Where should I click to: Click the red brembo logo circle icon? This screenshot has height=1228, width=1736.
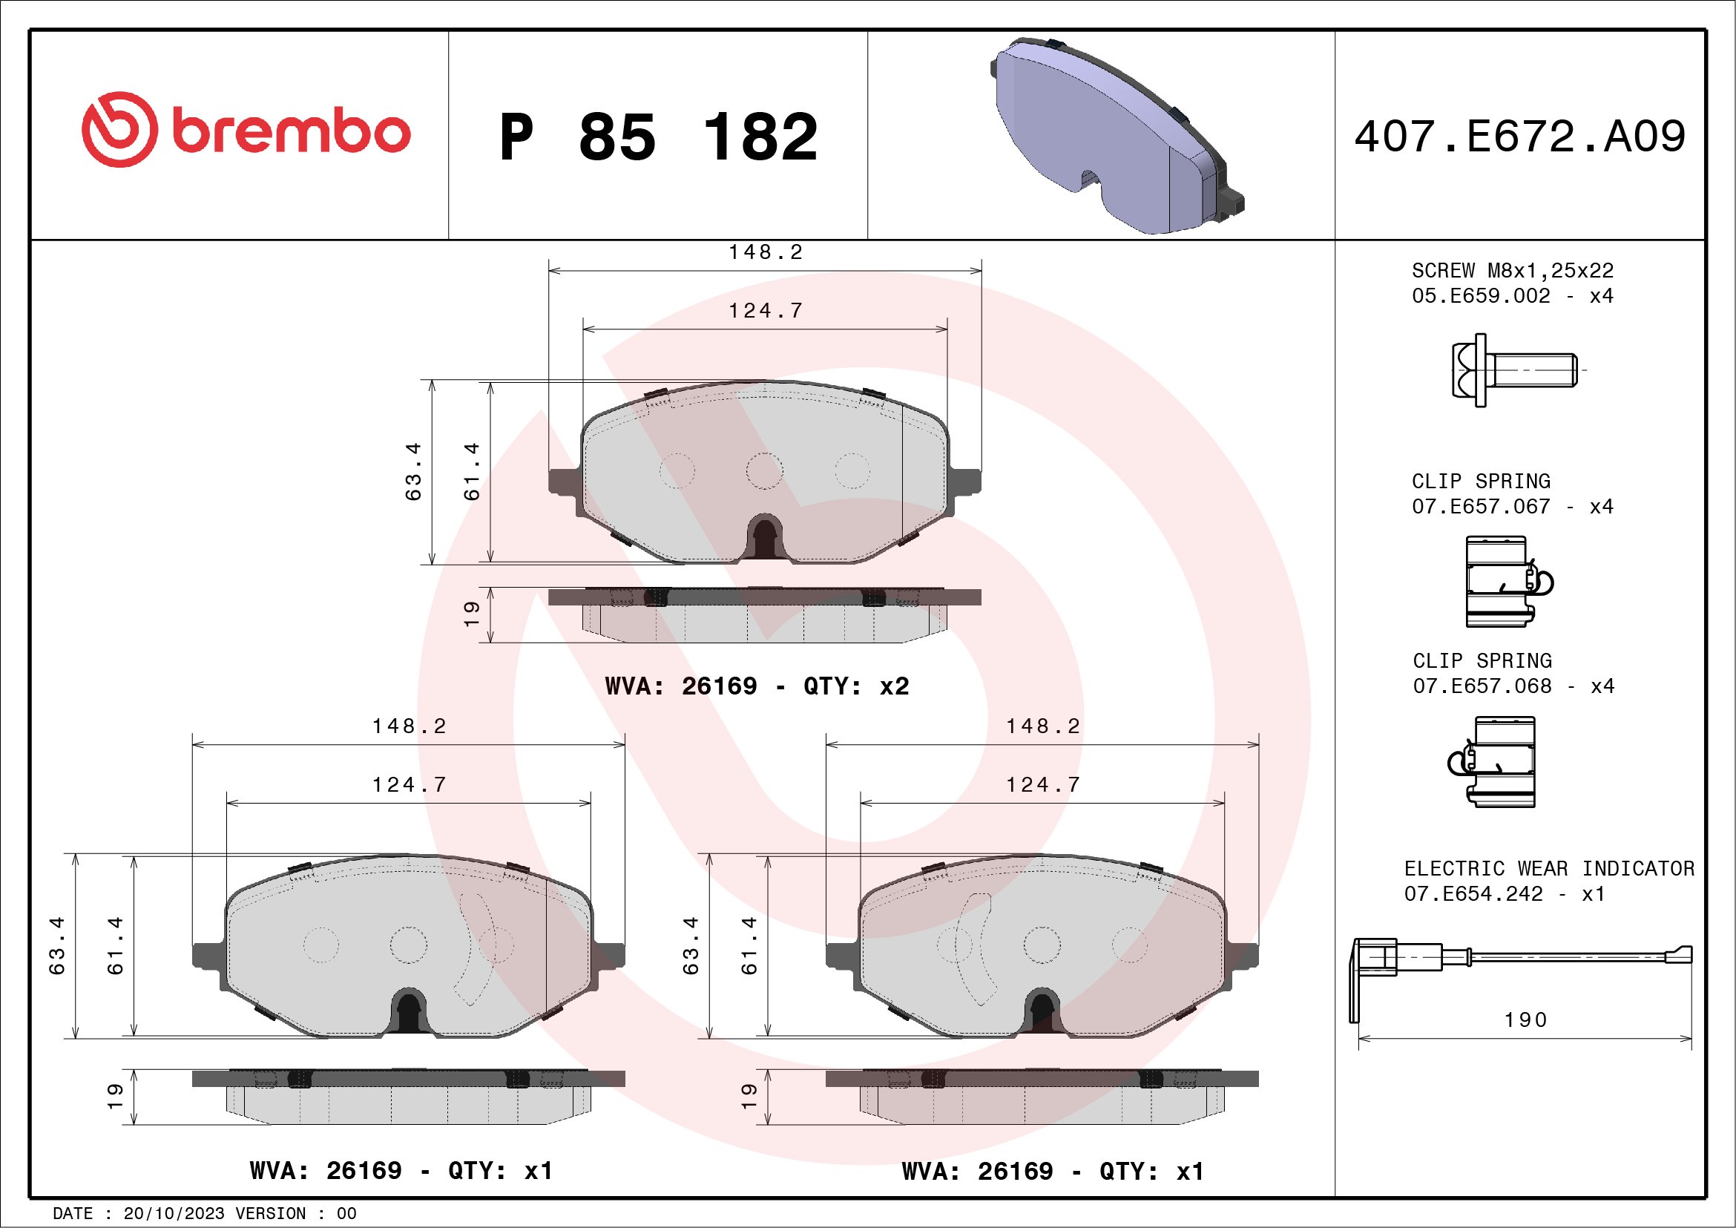point(119,129)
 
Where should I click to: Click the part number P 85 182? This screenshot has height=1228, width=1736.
point(658,137)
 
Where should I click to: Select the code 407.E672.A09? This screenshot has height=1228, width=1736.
point(1520,137)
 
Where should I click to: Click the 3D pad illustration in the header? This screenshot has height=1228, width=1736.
point(1115,136)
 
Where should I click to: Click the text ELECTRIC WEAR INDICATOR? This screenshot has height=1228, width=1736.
point(1548,868)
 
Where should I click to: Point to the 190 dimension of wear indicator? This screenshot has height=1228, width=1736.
point(1525,1020)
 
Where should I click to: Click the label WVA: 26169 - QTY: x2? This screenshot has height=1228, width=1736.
point(757,686)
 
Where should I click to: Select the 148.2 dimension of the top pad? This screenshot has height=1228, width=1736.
point(765,252)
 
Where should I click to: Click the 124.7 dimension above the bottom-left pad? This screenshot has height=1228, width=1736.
point(409,785)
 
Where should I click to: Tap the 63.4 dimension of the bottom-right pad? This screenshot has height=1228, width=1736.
point(690,945)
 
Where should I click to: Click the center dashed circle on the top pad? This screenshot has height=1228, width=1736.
point(764,471)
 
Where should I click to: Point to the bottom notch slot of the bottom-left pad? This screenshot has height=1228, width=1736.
point(409,1014)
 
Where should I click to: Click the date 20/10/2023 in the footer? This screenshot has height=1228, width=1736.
point(174,1214)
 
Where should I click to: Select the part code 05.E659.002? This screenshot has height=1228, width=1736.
point(1481,295)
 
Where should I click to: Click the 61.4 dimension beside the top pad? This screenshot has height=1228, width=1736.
point(472,471)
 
